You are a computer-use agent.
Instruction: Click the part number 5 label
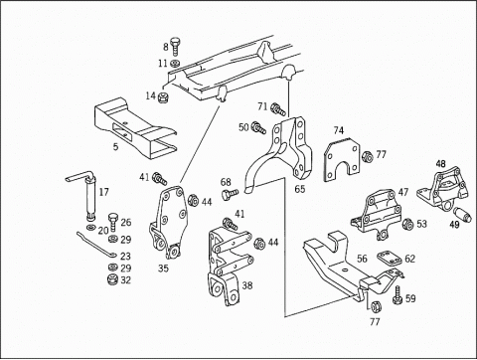[115, 146]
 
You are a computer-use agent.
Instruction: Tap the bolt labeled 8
[175, 47]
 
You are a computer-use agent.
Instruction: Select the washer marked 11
[175, 63]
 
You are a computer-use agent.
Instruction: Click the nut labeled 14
[163, 97]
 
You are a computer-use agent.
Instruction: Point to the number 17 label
[104, 192]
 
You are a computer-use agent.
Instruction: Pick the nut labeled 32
[113, 279]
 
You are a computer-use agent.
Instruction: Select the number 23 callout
[125, 257]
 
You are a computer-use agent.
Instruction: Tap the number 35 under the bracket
[163, 269]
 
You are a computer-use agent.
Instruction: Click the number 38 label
[247, 285]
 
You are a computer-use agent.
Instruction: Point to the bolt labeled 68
[231, 193]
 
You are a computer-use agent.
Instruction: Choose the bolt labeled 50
[258, 127]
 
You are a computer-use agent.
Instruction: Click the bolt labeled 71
[278, 109]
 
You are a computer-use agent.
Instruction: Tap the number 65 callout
[300, 189]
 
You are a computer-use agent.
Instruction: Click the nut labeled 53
[407, 224]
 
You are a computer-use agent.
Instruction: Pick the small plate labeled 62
[390, 259]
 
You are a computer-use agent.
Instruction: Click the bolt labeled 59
[397, 295]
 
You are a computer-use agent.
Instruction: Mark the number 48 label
[440, 164]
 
